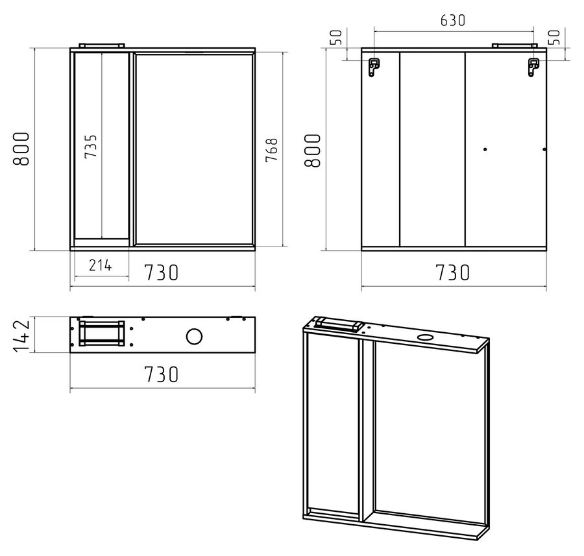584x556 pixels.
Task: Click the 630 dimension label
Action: [452, 21]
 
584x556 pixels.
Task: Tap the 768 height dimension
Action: [272, 150]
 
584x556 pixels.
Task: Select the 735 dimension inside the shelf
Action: [90, 147]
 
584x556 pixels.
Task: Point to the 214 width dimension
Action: [100, 265]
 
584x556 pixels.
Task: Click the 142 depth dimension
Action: [21, 335]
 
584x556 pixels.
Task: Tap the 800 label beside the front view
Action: [21, 149]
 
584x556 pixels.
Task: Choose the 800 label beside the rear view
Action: [313, 151]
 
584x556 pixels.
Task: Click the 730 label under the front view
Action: [162, 272]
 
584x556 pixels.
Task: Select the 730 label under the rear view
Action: [452, 272]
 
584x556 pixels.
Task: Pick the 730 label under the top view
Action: [162, 374]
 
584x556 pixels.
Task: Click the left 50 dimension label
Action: [336, 37]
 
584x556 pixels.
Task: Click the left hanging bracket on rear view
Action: [374, 67]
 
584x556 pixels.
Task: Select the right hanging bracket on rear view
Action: [534, 67]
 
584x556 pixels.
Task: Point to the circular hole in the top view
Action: [194, 337]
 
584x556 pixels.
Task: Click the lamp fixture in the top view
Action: [101, 333]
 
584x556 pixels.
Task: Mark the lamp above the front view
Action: [101, 45]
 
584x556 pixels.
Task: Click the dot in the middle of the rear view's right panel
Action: [485, 149]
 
